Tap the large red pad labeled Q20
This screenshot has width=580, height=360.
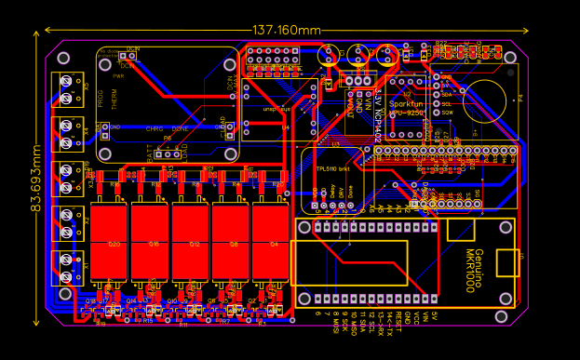115,243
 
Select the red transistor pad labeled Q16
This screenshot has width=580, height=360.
155,243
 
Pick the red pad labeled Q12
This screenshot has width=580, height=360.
195,243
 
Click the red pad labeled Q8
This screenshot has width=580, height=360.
235,243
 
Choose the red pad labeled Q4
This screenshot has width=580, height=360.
274,243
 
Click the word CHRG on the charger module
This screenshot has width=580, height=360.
155,128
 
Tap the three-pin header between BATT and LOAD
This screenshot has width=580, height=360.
167,149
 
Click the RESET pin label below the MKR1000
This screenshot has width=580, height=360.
398,322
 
